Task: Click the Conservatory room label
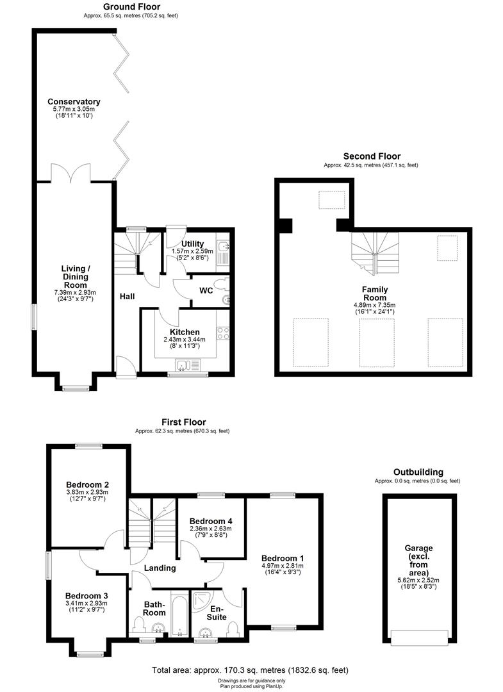74,101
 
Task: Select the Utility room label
192,243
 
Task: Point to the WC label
206,290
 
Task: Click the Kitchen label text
185,332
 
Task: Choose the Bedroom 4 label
210,521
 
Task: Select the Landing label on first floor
160,568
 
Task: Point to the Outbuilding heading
418,472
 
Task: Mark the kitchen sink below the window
185,366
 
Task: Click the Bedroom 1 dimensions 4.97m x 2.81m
282,566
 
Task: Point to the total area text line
250,670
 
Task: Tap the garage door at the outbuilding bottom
419,638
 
